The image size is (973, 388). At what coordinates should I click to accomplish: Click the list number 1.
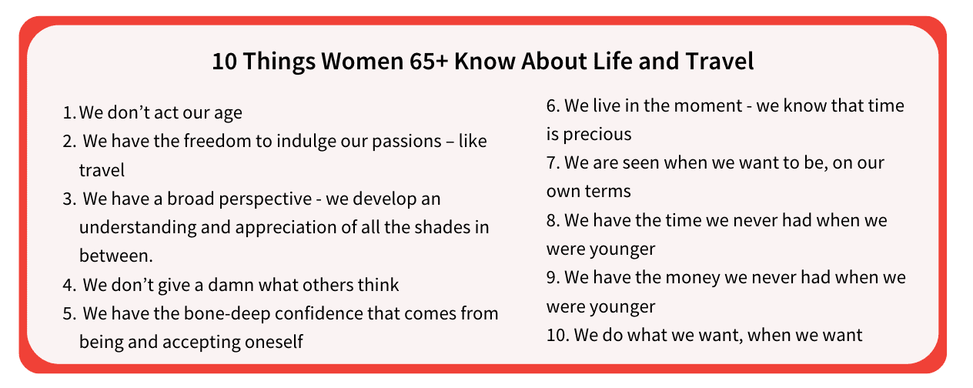[x=69, y=112]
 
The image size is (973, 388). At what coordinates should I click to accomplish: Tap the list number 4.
[x=69, y=285]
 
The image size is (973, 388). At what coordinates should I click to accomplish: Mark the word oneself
[x=274, y=342]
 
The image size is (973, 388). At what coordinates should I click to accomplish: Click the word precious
[x=597, y=135]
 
